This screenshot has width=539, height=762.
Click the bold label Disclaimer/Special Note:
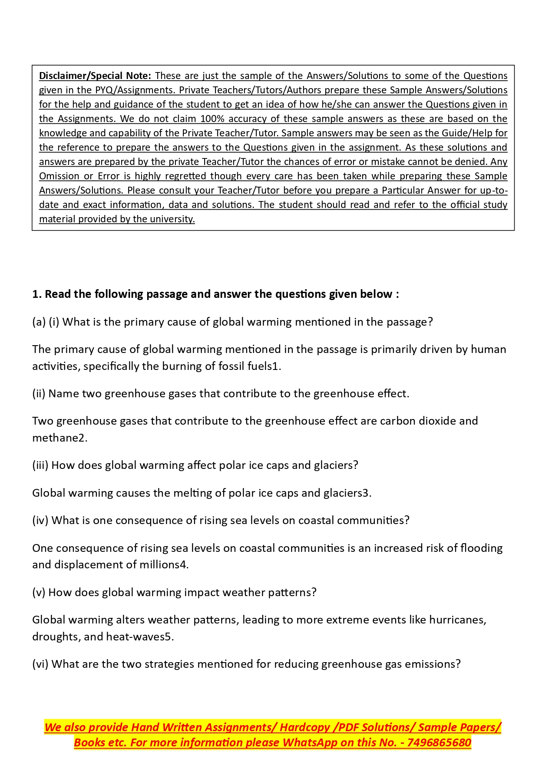tap(95, 76)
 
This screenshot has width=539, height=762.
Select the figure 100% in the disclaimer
tap(212, 119)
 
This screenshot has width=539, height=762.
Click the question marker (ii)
tap(39, 394)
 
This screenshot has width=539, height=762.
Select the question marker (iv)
tap(40, 521)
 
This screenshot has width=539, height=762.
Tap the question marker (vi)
tap(40, 664)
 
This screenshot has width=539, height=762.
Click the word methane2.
tap(60, 438)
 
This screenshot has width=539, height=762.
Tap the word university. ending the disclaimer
tap(172, 219)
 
